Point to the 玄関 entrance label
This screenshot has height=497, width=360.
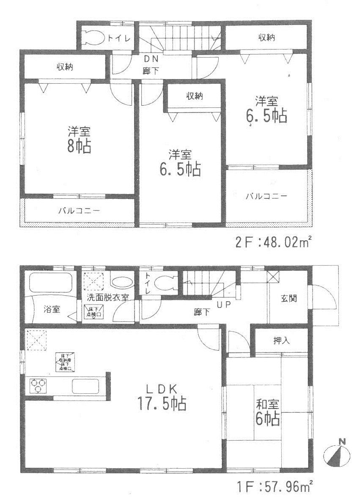[288, 298]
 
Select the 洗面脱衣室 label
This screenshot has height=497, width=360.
[107, 297]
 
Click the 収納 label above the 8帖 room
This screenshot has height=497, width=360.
[64, 66]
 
